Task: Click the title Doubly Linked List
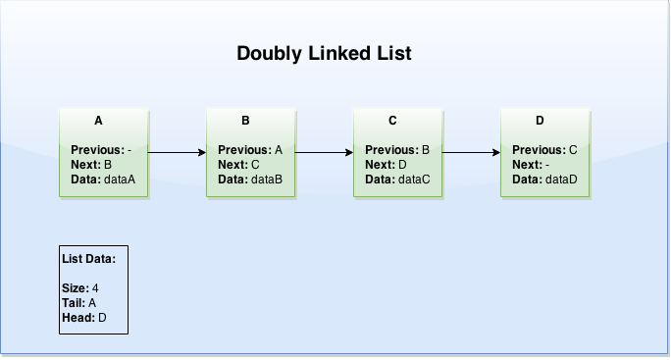point(324,53)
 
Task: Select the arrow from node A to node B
point(178,153)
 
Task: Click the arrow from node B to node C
point(324,153)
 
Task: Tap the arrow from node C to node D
point(471,153)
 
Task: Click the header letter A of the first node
point(98,121)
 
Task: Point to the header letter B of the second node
point(245,121)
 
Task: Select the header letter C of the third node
point(392,121)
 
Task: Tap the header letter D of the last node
point(540,121)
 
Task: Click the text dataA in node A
point(119,180)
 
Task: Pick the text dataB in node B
point(266,180)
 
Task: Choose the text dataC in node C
point(413,180)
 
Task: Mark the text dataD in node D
point(560,180)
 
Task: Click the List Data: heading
point(89,259)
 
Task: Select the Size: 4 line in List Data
point(80,288)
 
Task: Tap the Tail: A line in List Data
point(79,303)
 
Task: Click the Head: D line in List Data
point(83,318)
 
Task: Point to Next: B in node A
point(91,165)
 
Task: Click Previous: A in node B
point(250,150)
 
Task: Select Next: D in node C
point(386,165)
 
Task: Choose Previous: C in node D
point(544,150)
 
